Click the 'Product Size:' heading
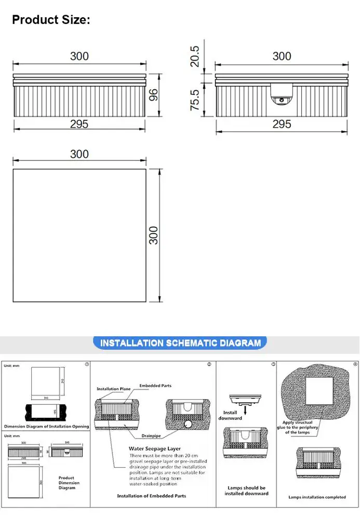(51, 20)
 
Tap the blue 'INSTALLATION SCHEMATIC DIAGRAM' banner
(180, 343)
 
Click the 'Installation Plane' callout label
(113, 389)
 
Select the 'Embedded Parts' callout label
(155, 386)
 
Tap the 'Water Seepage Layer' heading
(155, 448)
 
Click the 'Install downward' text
(230, 415)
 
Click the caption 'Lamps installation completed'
(317, 497)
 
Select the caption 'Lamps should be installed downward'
(246, 490)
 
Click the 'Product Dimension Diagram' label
(66, 483)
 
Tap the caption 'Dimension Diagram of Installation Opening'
(47, 427)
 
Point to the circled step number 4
(355, 364)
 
